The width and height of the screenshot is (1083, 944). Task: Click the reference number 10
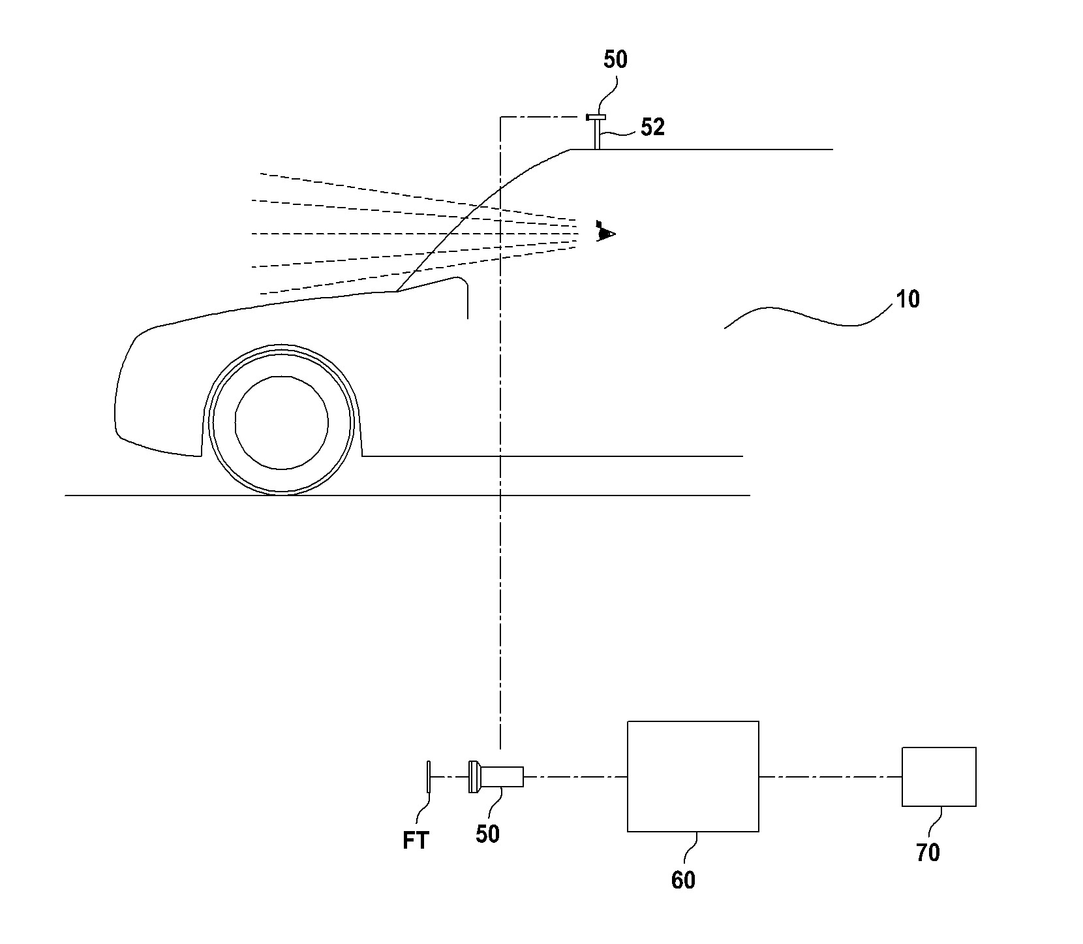[x=908, y=300]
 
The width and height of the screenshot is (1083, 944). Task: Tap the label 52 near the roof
[x=652, y=127]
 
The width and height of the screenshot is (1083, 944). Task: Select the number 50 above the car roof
[x=615, y=59]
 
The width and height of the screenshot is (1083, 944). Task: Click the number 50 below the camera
[x=487, y=834]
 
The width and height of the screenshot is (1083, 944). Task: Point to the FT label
[x=416, y=841]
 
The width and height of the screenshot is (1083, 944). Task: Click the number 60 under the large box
[x=683, y=880]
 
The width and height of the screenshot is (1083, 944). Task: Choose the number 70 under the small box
[x=928, y=853]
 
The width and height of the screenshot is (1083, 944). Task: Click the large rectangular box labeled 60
[x=693, y=776]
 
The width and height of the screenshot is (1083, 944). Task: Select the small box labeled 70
[x=939, y=776]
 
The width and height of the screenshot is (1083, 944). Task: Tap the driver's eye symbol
[x=605, y=233]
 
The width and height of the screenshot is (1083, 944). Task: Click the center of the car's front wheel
[x=281, y=422]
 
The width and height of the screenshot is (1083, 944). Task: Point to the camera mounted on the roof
[x=596, y=118]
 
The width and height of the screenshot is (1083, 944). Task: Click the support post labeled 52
[x=596, y=135]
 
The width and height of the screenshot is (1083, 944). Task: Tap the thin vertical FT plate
[x=429, y=776]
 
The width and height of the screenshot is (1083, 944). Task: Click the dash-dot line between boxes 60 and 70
[x=830, y=776]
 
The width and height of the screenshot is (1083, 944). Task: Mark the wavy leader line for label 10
[x=802, y=317]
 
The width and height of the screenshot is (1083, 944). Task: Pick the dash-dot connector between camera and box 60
[x=575, y=776]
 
